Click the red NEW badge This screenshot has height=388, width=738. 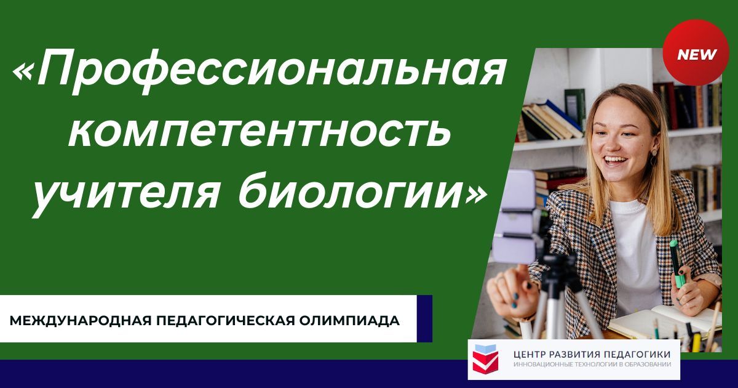(697, 55)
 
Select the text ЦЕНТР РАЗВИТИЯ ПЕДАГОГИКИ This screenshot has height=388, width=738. (592, 354)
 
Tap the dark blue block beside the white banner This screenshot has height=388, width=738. (424, 318)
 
